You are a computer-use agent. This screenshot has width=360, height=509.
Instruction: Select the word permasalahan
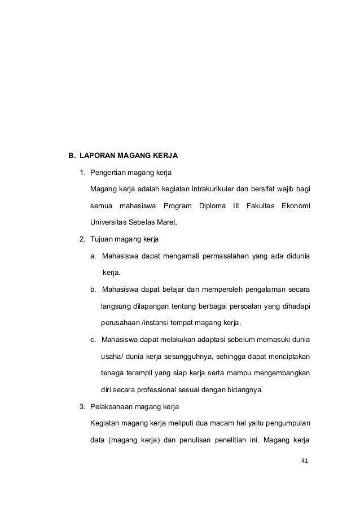pyautogui.click(x=215, y=256)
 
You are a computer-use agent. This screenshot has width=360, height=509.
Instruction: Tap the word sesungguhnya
pyautogui.click(x=190, y=356)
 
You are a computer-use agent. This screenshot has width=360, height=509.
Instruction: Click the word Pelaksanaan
pyautogui.click(x=113, y=406)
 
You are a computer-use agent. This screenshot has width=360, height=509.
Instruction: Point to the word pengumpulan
pyautogui.click(x=283, y=423)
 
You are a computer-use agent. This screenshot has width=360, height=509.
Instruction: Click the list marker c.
pyautogui.click(x=93, y=339)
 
